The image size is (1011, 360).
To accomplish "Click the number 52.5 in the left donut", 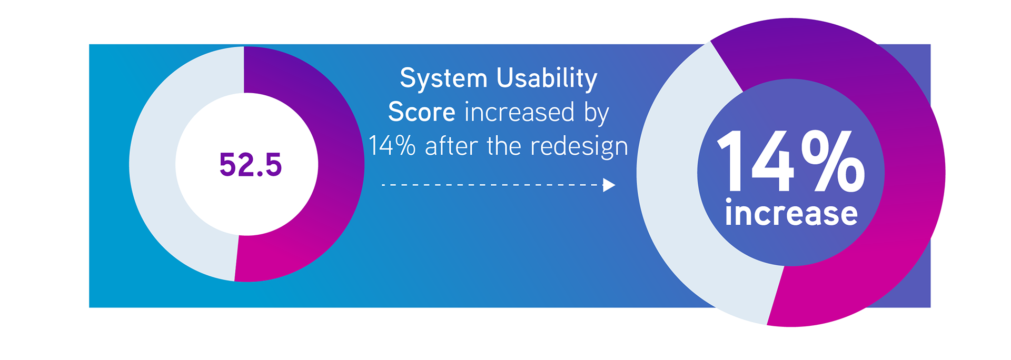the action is tap(251, 164).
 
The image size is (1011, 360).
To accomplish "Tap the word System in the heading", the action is tap(443, 79).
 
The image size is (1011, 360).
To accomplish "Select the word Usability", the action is tap(547, 79).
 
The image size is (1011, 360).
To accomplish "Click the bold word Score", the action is tap(421, 112).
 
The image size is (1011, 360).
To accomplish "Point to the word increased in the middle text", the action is tap(519, 112).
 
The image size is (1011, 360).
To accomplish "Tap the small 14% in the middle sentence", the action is tap(392, 146).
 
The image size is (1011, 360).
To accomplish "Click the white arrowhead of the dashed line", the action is tap(609, 185).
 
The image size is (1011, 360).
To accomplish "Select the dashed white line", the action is tap(492, 185).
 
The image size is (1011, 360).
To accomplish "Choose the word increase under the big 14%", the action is tap(791, 213).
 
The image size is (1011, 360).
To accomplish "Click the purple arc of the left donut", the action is tap(340, 164).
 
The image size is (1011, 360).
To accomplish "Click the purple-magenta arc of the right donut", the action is tap(914, 174).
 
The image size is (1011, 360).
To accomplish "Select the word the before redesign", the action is tap(504, 146).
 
